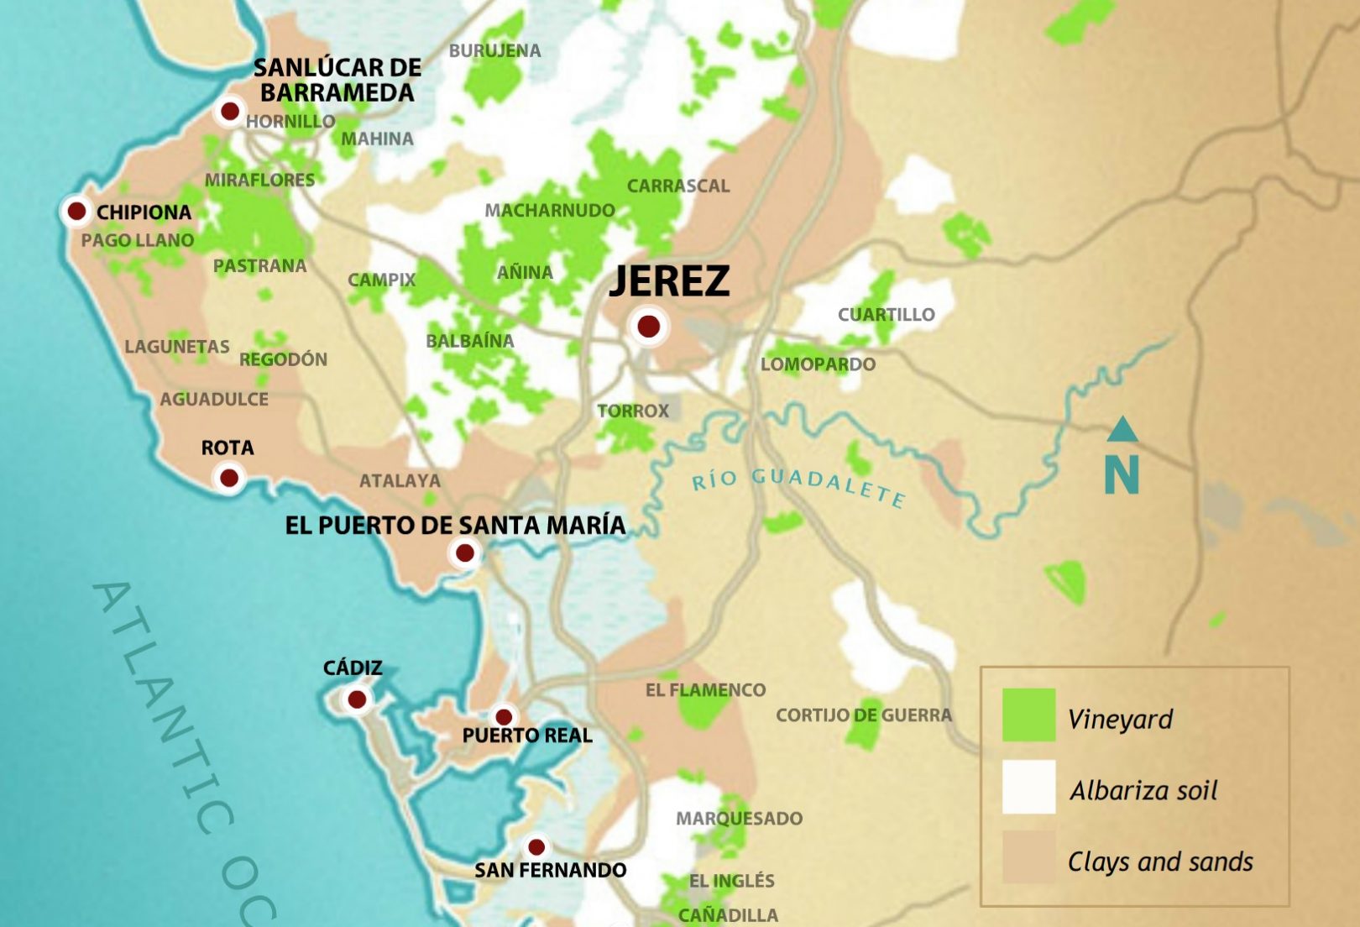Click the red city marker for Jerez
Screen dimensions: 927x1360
pyautogui.click(x=648, y=326)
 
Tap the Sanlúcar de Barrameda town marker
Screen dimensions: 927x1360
pyautogui.click(x=229, y=111)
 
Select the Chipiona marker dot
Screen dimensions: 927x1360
pyautogui.click(x=76, y=211)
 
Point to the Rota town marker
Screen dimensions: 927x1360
pyautogui.click(x=228, y=479)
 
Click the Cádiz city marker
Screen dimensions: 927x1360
pyautogui.click(x=357, y=699)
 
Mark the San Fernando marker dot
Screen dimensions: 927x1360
pyautogui.click(x=536, y=847)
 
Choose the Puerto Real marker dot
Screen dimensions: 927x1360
pyautogui.click(x=504, y=717)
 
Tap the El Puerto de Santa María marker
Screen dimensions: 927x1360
pyautogui.click(x=464, y=553)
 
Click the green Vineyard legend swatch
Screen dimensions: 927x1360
pyautogui.click(x=1028, y=715)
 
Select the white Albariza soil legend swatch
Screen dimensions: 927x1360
pyautogui.click(x=1028, y=787)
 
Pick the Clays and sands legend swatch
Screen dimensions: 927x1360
pyautogui.click(x=1028, y=858)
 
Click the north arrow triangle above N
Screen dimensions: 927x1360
pyautogui.click(x=1122, y=430)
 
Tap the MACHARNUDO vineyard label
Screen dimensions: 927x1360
pyautogui.click(x=550, y=211)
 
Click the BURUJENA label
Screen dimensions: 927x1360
pyautogui.click(x=494, y=50)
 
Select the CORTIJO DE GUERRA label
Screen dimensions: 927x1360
pyautogui.click(x=863, y=715)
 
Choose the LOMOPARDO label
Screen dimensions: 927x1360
pyautogui.click(x=818, y=364)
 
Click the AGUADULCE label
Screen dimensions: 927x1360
pyautogui.click(x=214, y=400)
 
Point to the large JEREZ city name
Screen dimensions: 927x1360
pyautogui.click(x=669, y=281)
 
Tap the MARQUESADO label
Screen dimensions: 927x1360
pyautogui.click(x=739, y=819)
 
